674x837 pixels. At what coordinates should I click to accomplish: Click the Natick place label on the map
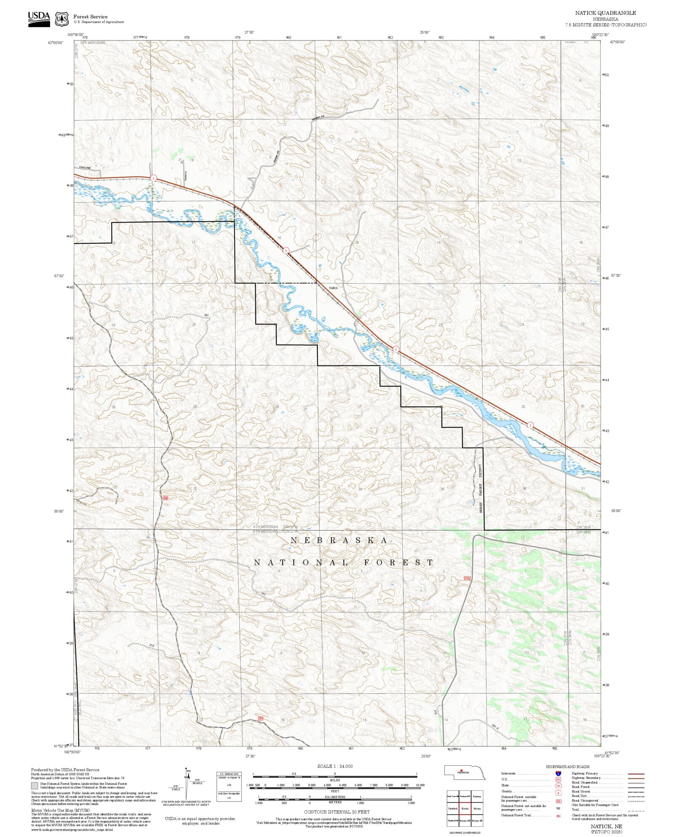coord(333,288)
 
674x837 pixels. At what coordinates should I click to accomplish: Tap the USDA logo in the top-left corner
coord(39,19)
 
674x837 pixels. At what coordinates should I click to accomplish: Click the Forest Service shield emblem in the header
coord(62,19)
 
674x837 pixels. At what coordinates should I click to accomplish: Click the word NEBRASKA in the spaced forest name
coord(339,540)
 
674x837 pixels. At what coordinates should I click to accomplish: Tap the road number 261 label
coord(206,315)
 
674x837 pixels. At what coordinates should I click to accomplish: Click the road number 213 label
coord(151,645)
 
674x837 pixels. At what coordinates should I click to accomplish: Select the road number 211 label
coord(264,594)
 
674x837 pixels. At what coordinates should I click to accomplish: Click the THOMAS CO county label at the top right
coord(576,43)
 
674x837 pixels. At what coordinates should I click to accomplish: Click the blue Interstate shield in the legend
coord(558,774)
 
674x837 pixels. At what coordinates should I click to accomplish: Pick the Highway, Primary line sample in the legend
coord(636,774)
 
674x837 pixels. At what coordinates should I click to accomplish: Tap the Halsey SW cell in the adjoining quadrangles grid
coord(465,821)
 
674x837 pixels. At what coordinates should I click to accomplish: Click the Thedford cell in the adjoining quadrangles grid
coord(452,809)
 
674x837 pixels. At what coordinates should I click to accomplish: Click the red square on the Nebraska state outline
coord(461,771)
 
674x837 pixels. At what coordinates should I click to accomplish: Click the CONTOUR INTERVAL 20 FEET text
coord(337,812)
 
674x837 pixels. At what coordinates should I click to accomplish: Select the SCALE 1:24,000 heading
coord(335,766)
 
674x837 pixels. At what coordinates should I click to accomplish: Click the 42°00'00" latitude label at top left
coord(56,43)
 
